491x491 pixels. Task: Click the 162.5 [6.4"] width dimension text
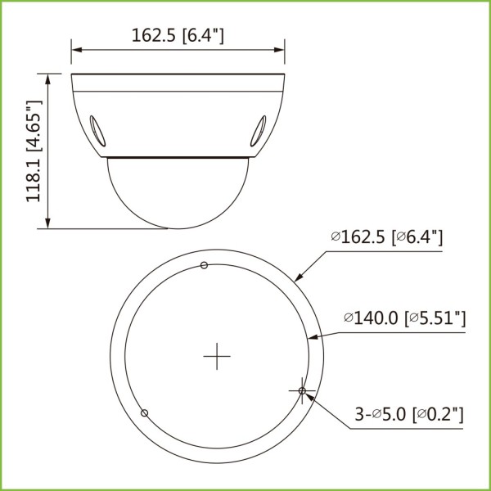(x=178, y=35)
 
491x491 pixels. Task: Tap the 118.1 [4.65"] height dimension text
(x=34, y=152)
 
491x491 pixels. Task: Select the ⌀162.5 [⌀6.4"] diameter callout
(x=387, y=237)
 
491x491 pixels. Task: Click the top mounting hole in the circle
(x=204, y=264)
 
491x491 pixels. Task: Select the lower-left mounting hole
(x=144, y=412)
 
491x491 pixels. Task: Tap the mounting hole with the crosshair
(x=302, y=392)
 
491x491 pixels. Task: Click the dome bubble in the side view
(x=178, y=192)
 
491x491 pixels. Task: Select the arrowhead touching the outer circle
(x=299, y=279)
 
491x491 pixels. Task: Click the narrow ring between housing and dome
(x=178, y=155)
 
